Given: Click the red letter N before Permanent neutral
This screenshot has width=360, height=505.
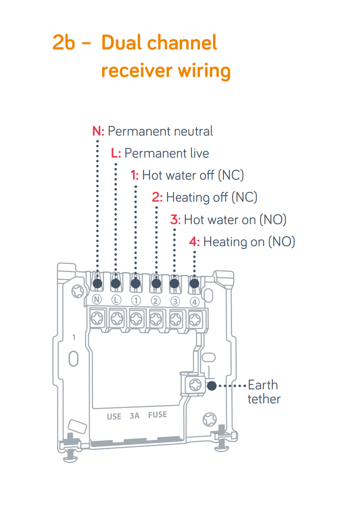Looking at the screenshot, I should pyautogui.click(x=97, y=131).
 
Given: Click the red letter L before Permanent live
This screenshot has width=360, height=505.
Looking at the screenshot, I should pyautogui.click(x=115, y=153).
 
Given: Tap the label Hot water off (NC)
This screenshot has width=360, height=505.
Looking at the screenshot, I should pyautogui.click(x=193, y=175).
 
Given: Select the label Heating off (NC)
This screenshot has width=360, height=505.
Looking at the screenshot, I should pyautogui.click(x=211, y=197).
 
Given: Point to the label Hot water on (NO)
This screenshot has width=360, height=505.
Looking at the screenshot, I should pyautogui.click(x=235, y=220).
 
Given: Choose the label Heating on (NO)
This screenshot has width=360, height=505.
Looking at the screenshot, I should pyautogui.click(x=249, y=242).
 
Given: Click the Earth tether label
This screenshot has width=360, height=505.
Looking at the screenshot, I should pyautogui.click(x=263, y=392).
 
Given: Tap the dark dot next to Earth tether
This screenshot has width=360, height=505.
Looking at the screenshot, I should pyautogui.click(x=211, y=386).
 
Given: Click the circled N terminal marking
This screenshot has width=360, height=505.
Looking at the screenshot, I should pyautogui.click(x=97, y=300).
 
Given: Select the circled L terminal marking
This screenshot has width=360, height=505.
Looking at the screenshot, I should pyautogui.click(x=116, y=300).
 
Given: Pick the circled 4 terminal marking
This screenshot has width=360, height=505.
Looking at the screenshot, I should pyautogui.click(x=194, y=302).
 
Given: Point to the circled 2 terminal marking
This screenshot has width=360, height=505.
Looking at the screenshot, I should pyautogui.click(x=155, y=301).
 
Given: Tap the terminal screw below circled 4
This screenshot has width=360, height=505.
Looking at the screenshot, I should pyautogui.click(x=195, y=317).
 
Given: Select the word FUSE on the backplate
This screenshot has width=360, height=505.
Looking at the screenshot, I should pyautogui.click(x=157, y=415).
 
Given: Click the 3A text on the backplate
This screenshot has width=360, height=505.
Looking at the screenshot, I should pyautogui.click(x=134, y=416).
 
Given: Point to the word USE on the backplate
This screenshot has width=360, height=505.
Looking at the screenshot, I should pyautogui.click(x=114, y=416).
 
